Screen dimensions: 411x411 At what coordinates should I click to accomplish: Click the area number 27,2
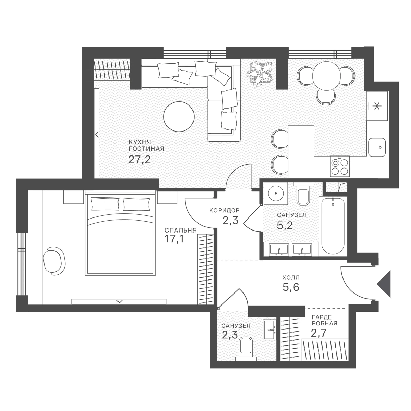point(139,159)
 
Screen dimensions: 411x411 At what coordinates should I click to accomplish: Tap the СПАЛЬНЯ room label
point(180,231)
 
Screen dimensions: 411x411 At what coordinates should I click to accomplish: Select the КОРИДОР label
point(224,211)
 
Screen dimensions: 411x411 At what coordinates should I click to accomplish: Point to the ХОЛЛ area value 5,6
point(291,287)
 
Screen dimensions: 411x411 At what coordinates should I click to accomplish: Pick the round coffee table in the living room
point(179,117)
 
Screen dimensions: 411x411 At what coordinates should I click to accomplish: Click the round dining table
point(326,76)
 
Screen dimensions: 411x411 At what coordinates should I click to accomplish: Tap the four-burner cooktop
point(340,166)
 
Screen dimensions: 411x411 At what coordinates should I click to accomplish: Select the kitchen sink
point(377,147)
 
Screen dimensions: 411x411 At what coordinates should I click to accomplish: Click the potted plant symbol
point(259,74)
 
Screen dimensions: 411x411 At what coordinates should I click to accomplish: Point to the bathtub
point(333,225)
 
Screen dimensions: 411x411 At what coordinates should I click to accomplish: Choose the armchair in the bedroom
point(54,261)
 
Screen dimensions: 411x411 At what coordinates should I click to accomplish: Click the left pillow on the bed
point(105,204)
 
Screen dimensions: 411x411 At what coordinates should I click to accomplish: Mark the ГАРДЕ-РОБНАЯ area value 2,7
point(319,333)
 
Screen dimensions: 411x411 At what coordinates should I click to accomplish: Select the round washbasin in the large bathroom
point(276,194)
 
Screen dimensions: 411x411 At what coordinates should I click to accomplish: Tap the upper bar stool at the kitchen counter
point(279,139)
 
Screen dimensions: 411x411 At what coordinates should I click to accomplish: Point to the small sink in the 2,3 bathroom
point(270,330)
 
